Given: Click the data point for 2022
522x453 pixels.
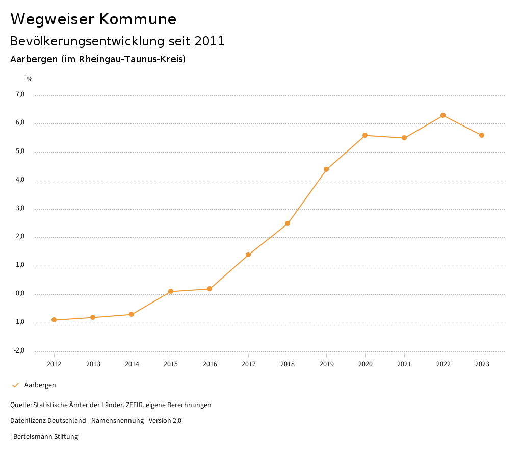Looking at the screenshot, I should tap(443, 115).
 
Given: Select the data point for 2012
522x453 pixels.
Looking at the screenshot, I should tap(54, 320).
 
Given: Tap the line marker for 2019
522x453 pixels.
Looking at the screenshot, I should tap(326, 169).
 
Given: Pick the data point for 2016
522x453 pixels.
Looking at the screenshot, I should tap(210, 289).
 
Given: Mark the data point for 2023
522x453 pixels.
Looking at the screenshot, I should tap(482, 135).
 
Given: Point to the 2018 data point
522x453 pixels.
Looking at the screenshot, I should tap(288, 223).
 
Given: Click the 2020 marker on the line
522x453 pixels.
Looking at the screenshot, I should tap(365, 135).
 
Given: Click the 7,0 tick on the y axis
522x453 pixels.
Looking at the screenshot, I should tap(20, 94).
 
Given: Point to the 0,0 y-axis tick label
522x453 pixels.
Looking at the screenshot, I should tap(20, 294).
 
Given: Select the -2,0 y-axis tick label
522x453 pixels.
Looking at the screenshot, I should tap(19, 350).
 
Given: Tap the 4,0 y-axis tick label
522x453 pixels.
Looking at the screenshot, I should tap(20, 180).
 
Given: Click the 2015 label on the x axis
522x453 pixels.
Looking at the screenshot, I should tap(171, 364).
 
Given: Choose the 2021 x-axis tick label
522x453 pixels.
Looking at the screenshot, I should tap(404, 364).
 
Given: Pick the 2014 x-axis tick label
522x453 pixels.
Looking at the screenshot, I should tap(132, 364).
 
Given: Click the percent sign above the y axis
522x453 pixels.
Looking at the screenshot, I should tap(30, 79).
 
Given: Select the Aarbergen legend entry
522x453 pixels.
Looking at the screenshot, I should tap(40, 385).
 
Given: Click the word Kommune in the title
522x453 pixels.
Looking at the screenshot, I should tap(138, 19).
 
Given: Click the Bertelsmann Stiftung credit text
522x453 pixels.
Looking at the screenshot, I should tap(45, 437).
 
